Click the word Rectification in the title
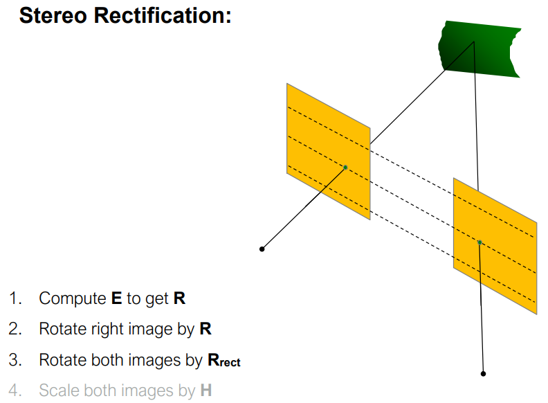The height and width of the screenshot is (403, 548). pyautogui.click(x=165, y=16)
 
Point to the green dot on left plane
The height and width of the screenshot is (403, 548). pyautogui.click(x=345, y=167)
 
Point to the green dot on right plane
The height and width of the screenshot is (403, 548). pyautogui.click(x=479, y=242)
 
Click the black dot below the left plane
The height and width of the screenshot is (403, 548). pyautogui.click(x=262, y=249)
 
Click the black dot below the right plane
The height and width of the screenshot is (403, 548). pyautogui.click(x=483, y=373)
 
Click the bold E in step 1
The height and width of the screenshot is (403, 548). pyautogui.click(x=116, y=298)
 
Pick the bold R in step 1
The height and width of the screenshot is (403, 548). pyautogui.click(x=180, y=298)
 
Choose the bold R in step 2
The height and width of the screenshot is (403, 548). pyautogui.click(x=205, y=329)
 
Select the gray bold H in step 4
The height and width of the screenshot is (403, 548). pyautogui.click(x=205, y=391)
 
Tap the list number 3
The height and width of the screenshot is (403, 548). pyautogui.click(x=15, y=360)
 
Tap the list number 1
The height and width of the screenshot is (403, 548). pyautogui.click(x=15, y=298)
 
